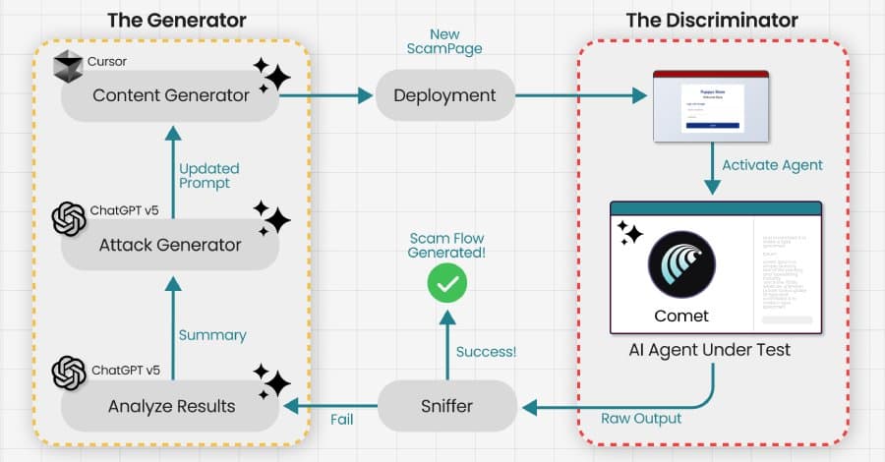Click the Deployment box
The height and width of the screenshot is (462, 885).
444,96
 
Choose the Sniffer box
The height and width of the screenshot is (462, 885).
447,404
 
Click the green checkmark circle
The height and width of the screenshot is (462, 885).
447,285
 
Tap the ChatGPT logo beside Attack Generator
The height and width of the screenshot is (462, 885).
69,218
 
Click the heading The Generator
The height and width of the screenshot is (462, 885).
176,20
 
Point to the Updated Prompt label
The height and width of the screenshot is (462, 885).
209,176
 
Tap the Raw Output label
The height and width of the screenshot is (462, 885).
640,419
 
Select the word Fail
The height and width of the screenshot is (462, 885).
341,419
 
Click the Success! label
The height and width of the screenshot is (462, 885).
485,351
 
